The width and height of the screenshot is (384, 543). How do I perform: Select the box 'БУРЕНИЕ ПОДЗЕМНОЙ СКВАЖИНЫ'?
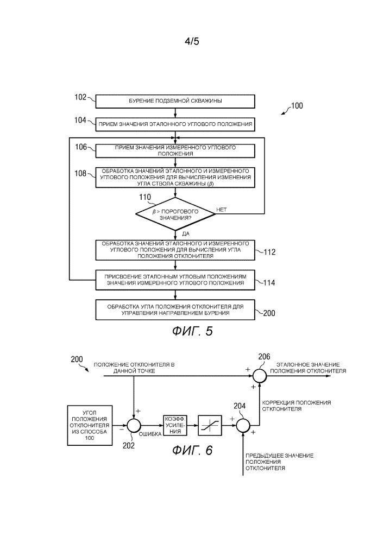coord(175,101)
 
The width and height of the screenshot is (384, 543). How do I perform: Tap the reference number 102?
coord(80,98)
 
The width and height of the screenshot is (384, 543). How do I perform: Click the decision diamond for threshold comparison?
coord(175,213)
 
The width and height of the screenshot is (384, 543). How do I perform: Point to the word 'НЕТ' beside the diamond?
coord(222,209)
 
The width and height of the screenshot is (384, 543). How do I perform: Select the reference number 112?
coord(269,252)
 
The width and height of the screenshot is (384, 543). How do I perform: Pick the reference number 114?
coord(269,282)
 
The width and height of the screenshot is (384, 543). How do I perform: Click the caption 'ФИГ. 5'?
coord(192,332)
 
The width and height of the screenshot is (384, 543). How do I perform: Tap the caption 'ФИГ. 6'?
coord(192,450)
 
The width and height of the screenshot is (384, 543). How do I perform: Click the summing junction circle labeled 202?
coord(134,424)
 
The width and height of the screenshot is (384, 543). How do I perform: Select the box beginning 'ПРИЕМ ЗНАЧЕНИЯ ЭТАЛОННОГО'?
coord(175,124)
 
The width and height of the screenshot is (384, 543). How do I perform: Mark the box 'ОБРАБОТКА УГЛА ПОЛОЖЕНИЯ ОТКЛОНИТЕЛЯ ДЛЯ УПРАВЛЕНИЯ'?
coord(175,310)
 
